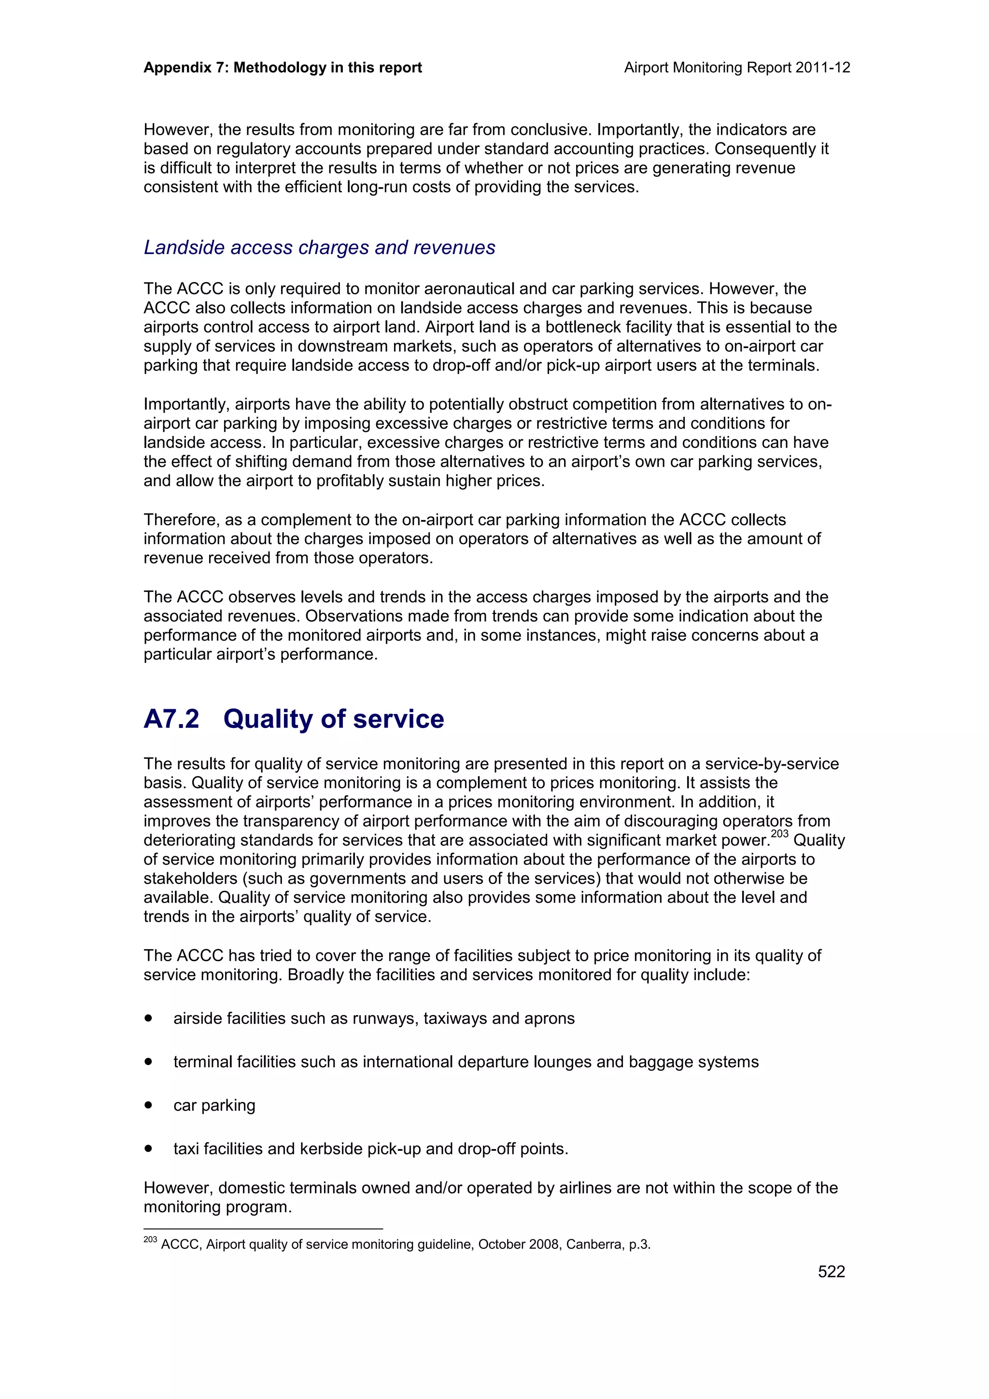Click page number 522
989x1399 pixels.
831,1271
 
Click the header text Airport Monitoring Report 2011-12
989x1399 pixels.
737,68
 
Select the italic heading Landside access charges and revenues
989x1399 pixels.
319,247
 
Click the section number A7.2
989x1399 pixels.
171,719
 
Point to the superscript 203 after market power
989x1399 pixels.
779,834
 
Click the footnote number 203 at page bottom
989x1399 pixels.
150,1239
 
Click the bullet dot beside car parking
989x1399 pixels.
148,1105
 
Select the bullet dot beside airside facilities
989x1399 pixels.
148,1018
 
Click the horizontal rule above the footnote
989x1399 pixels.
263,1229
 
